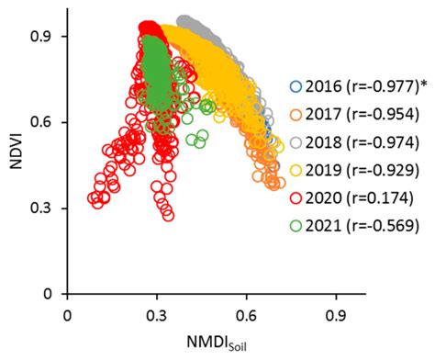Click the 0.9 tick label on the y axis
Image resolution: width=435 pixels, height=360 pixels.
pos(41,37)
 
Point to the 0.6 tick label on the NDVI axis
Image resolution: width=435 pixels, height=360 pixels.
pos(41,122)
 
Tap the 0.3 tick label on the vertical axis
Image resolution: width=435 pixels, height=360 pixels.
pos(41,208)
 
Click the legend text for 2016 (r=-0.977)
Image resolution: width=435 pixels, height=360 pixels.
pos(353,87)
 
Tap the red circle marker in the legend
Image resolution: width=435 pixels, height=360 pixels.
pos(295,197)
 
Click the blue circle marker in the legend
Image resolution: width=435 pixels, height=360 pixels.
pos(295,87)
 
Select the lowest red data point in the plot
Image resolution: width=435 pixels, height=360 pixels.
pos(167,215)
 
